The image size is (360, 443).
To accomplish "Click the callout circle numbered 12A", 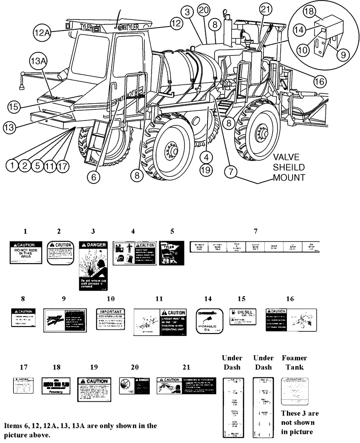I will point(41,32).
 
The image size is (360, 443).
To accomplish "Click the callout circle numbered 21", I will point(265,9).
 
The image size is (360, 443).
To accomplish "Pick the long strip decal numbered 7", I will point(254,247).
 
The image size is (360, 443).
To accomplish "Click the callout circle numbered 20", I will point(203,10).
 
